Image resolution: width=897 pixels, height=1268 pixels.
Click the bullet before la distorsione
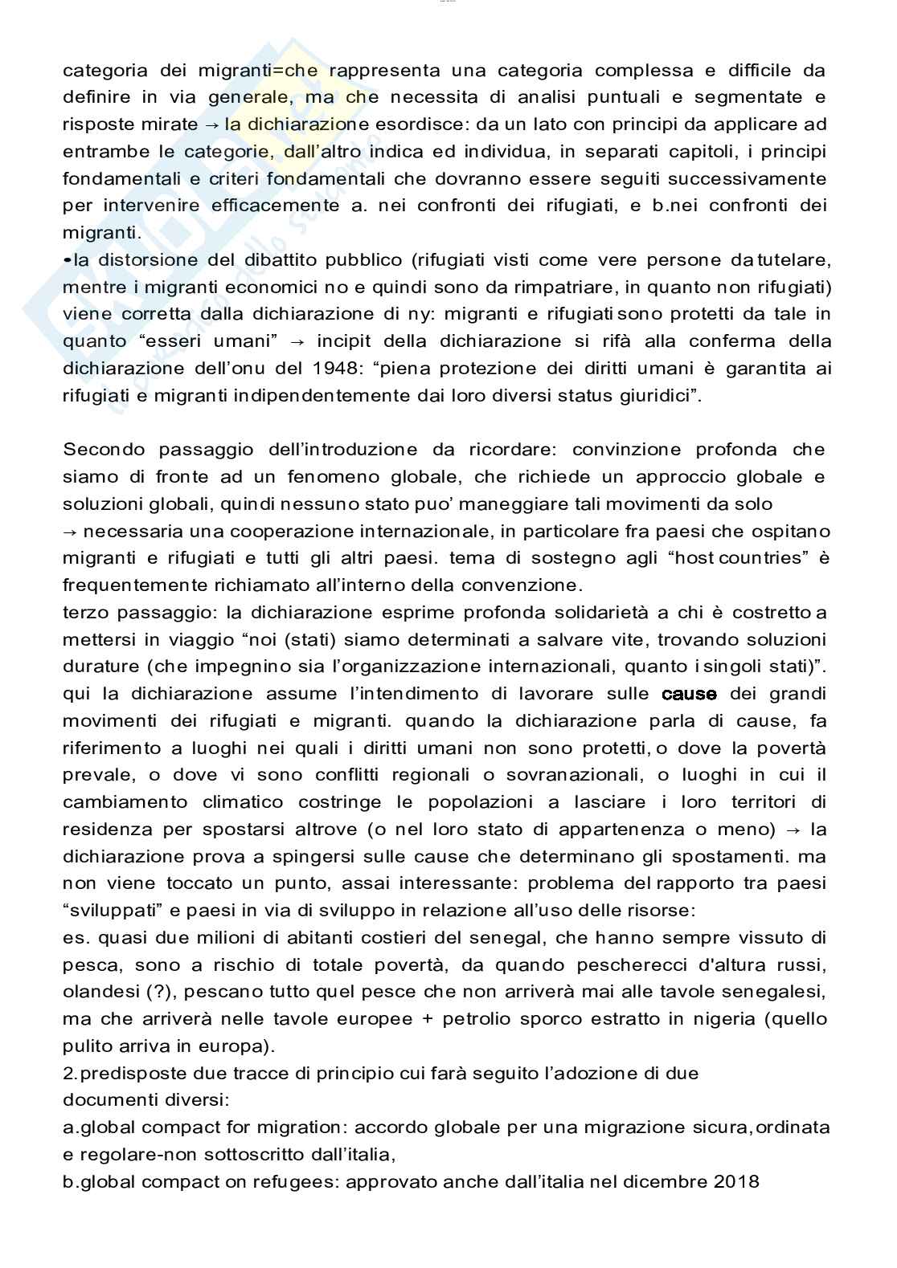tap(66, 259)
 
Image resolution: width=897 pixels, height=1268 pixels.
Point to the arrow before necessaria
tap(70, 532)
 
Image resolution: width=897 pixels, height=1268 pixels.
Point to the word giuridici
tap(656, 396)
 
